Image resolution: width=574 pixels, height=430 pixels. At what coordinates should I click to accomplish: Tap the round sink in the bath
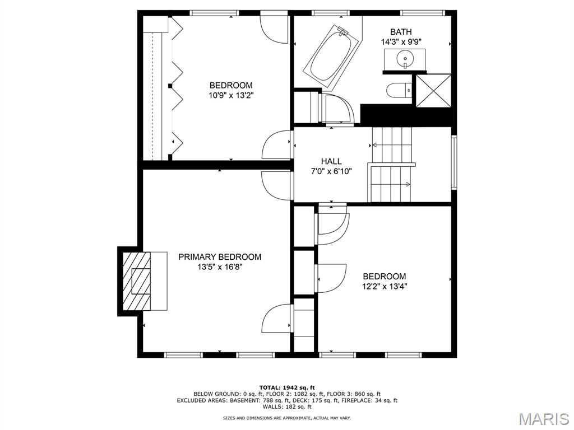tap(404, 58)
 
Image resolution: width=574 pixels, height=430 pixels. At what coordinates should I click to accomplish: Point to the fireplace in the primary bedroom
tap(141, 281)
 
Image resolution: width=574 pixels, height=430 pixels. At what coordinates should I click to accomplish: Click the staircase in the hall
tap(391, 165)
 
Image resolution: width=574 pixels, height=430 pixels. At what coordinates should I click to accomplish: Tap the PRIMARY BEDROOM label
tap(220, 257)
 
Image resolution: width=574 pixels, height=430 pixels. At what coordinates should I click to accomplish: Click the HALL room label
tap(331, 161)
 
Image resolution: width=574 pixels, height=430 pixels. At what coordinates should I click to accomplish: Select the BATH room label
tap(401, 32)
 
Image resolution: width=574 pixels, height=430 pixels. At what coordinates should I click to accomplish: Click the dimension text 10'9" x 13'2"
tap(230, 95)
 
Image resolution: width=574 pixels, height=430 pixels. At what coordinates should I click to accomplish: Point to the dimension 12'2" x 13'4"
tap(384, 286)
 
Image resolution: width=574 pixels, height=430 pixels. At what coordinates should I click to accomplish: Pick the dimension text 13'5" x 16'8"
tap(220, 267)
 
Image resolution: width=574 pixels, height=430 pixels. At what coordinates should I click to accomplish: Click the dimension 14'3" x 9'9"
tap(401, 41)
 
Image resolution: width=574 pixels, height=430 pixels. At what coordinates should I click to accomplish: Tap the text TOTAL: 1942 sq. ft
tap(287, 387)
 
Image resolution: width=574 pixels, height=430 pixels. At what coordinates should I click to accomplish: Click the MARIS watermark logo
tap(543, 419)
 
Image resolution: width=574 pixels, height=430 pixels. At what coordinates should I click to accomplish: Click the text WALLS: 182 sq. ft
tap(287, 407)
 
